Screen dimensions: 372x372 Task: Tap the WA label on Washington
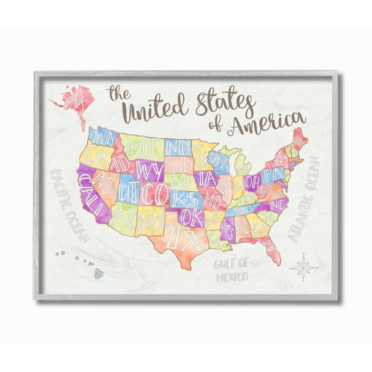[x=103, y=136]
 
